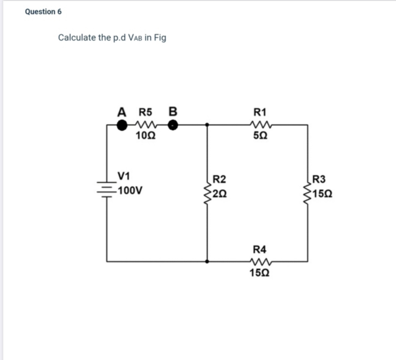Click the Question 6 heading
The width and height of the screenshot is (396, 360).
coord(43,11)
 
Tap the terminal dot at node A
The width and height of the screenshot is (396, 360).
coord(122,125)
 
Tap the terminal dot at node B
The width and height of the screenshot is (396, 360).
coord(173,125)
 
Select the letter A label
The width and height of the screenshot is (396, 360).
coord(122,112)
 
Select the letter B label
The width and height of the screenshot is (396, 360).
coord(173,112)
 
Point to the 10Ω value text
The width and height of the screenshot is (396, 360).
coord(144,137)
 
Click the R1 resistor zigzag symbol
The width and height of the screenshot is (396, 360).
coord(261,125)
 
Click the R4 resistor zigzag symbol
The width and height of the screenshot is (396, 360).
coord(261,261)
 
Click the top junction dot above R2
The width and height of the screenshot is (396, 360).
coord(207,125)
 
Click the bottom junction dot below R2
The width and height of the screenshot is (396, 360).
coord(207,261)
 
